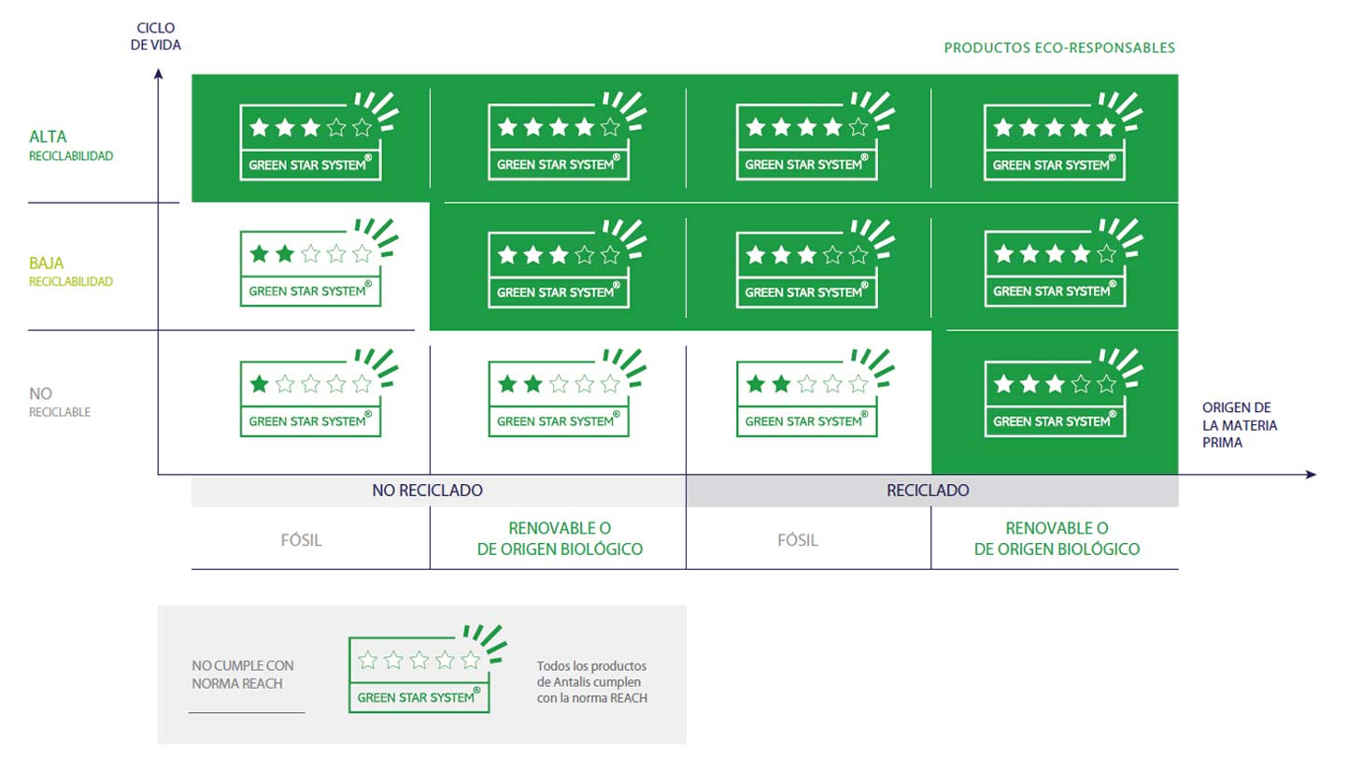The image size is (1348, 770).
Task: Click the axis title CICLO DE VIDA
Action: [156, 36]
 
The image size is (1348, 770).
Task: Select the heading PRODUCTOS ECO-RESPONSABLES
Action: [1059, 48]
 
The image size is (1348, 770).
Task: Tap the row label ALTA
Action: [48, 136]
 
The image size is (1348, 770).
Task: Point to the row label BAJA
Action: [47, 264]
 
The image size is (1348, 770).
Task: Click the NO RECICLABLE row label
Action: [59, 402]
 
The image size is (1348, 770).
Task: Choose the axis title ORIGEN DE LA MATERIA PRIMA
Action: [1240, 425]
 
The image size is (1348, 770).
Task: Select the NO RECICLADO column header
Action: [427, 491]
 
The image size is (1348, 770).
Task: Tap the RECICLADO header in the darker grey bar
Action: [928, 491]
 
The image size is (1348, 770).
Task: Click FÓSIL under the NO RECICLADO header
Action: [302, 540]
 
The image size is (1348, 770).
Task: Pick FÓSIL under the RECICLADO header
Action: [798, 540]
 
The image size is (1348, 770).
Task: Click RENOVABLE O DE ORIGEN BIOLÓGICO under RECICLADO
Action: [1057, 539]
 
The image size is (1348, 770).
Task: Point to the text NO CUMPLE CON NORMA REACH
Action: [243, 674]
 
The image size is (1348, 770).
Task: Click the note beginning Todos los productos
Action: [592, 682]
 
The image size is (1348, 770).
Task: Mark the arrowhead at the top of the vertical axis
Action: [159, 73]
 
